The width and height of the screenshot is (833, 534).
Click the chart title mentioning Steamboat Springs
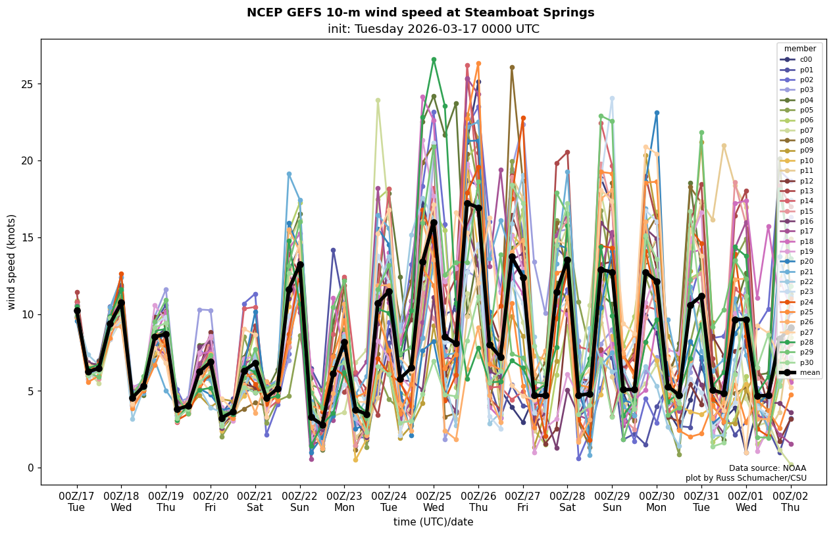tap(420, 12)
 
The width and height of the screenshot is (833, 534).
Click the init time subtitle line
tap(433, 29)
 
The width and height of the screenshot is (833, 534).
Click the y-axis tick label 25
tap(27, 84)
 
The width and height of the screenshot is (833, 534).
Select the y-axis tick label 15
tap(27, 237)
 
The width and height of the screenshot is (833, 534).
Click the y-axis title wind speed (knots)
tap(11, 261)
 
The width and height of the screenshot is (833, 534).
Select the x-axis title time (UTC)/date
tap(433, 522)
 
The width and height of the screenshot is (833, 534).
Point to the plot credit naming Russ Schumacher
tap(745, 478)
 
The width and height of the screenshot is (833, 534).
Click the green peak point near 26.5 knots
tap(434, 60)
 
